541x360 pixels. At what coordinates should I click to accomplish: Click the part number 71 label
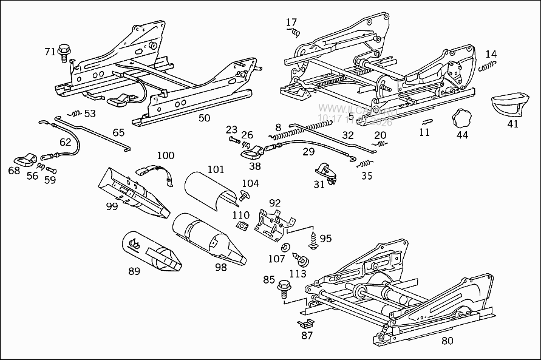pyautogui.click(x=50, y=52)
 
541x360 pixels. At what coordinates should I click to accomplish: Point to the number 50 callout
pyautogui.click(x=205, y=118)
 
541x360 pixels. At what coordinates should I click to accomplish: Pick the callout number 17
pyautogui.click(x=291, y=22)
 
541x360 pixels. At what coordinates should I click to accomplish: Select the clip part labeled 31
pyautogui.click(x=326, y=172)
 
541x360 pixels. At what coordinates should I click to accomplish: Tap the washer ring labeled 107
pyautogui.click(x=285, y=248)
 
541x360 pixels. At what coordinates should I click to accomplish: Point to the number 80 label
pyautogui.click(x=447, y=341)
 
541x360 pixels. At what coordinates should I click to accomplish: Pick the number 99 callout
pyautogui.click(x=112, y=206)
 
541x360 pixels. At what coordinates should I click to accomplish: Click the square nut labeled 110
pyautogui.click(x=241, y=225)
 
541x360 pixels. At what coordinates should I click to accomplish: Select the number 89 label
pyautogui.click(x=134, y=271)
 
